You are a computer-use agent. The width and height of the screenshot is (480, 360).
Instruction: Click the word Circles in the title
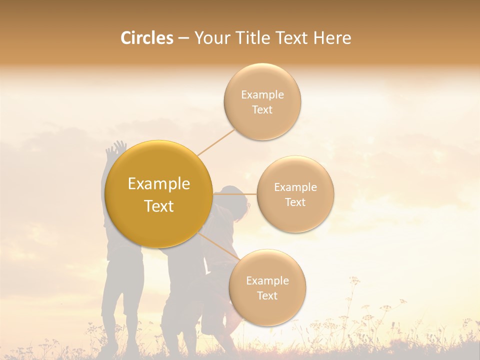click(x=146, y=38)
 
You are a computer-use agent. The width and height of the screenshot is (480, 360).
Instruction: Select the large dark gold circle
click(x=159, y=194)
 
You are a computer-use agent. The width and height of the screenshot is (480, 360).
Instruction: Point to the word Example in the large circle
click(x=159, y=184)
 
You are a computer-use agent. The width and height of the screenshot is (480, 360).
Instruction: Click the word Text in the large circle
click(x=159, y=206)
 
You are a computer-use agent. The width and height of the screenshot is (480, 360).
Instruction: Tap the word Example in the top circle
click(x=262, y=95)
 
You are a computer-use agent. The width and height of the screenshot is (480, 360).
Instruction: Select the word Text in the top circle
click(x=262, y=110)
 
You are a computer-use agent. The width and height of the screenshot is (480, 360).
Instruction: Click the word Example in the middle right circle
click(x=295, y=187)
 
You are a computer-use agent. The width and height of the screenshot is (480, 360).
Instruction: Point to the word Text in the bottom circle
click(x=267, y=296)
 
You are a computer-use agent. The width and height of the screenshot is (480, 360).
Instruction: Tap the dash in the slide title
click(x=183, y=38)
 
